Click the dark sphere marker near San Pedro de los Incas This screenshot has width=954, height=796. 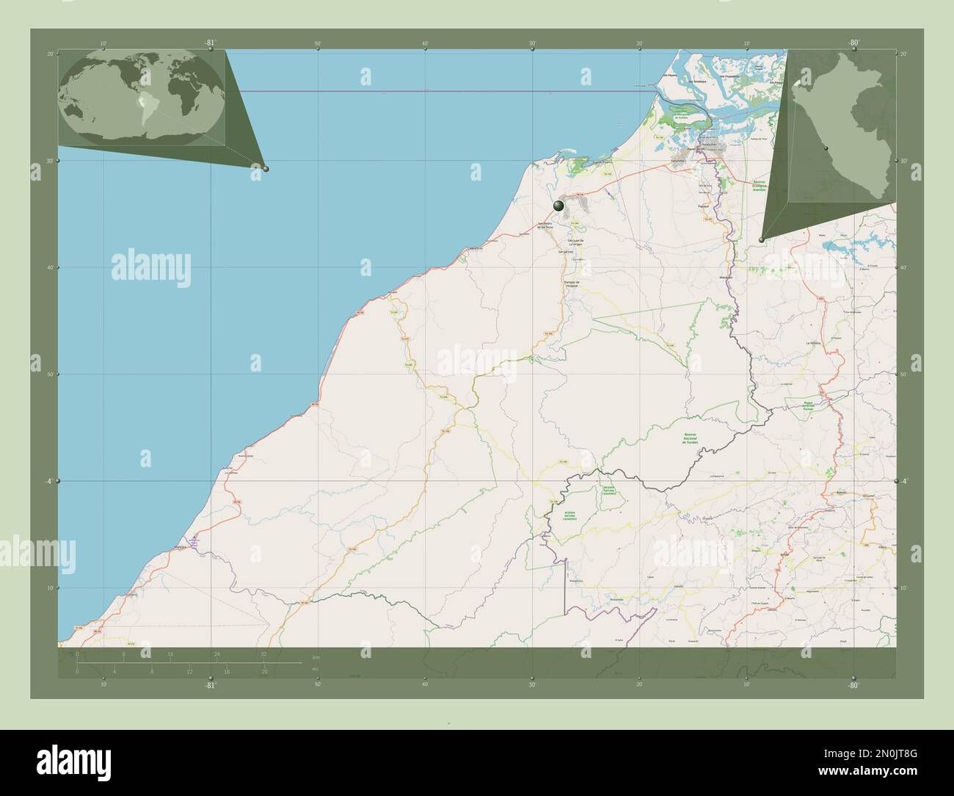[560, 206]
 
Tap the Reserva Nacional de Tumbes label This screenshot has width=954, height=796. [693, 439]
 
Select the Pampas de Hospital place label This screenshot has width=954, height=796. [572, 283]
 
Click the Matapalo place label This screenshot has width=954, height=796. [727, 278]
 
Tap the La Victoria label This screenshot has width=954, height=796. [812, 343]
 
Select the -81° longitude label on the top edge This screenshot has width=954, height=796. [211, 43]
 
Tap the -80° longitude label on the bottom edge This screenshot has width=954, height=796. [853, 685]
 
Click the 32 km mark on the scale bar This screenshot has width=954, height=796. [263, 654]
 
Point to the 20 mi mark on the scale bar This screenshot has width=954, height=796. [264, 671]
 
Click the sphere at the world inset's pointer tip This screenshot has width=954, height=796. [266, 169]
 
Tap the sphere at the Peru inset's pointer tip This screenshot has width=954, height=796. [762, 239]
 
